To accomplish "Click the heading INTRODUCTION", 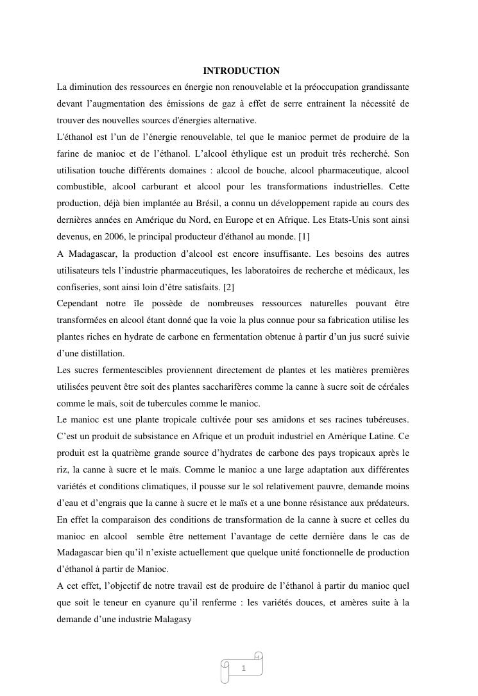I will click(241, 71).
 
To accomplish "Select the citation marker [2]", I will click(229, 287).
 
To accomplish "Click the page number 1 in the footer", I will click(243, 669).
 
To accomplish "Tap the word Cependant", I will click(80, 304).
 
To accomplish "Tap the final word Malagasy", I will click(173, 620).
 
